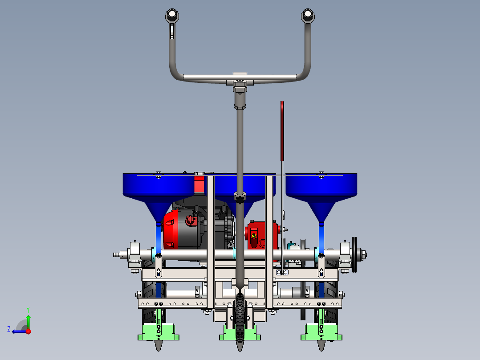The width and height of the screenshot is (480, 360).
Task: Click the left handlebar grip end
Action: [172, 15]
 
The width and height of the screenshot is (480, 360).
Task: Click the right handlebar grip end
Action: [308, 15]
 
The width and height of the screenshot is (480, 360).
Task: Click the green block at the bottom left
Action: [158, 332]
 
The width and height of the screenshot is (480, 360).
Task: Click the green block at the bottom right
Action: [321, 332]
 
